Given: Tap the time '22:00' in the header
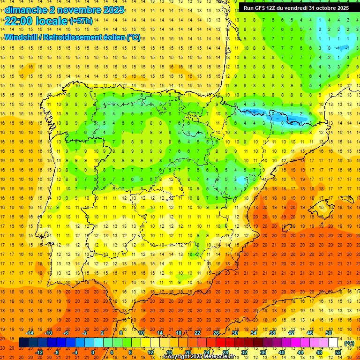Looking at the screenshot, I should click(19, 21).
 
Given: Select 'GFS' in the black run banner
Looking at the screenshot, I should click(262, 7).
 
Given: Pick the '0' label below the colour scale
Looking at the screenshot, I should click(93, 352).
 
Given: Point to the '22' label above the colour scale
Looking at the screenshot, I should click(197, 333).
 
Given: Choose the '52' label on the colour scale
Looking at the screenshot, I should click(337, 352).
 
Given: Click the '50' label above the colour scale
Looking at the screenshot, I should click(329, 333).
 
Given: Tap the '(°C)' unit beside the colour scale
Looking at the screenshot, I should click(349, 343).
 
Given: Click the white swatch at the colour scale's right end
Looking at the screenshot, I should click(333, 343).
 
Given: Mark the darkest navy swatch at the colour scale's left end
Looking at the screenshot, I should click(23, 343).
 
